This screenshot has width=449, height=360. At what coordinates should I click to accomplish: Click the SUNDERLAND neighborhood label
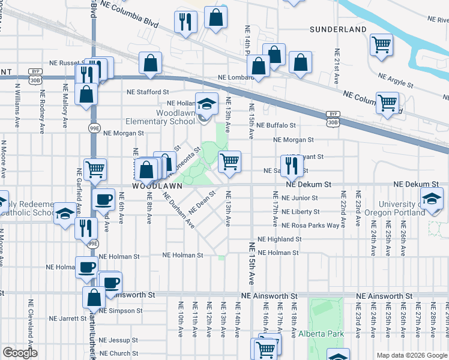[x=338, y=29]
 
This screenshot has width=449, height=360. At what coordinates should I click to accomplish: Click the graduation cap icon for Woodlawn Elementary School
[x=206, y=104]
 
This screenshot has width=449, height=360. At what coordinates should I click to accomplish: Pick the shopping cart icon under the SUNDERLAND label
[x=381, y=45]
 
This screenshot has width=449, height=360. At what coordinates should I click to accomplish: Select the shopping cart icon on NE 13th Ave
[x=229, y=161]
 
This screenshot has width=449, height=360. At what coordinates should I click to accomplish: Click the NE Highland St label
[x=279, y=239]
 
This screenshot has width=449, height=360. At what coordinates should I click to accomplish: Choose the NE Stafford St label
[x=148, y=92]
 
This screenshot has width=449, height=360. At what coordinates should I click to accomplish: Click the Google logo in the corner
[x=20, y=353]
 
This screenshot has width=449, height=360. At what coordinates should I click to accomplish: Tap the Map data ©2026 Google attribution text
[x=412, y=355]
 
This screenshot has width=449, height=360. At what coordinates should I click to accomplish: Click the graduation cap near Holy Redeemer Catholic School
[x=64, y=213]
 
